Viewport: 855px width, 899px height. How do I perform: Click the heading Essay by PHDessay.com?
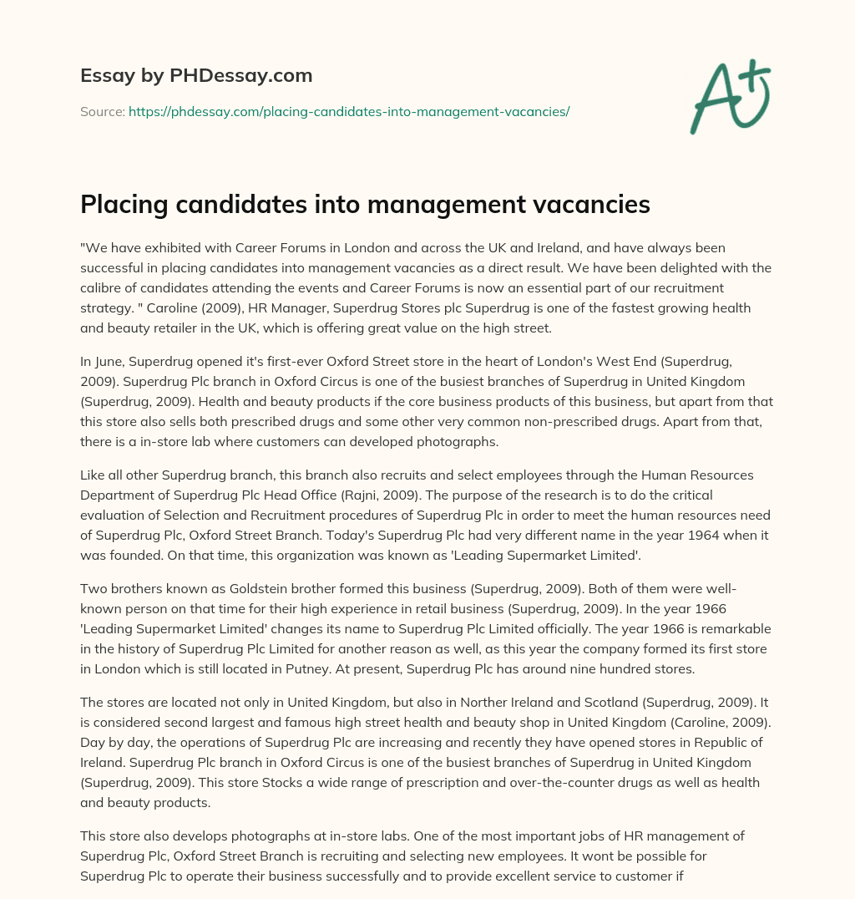(196, 76)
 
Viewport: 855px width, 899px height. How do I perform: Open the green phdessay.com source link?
(349, 111)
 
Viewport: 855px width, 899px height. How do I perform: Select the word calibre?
(104, 288)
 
